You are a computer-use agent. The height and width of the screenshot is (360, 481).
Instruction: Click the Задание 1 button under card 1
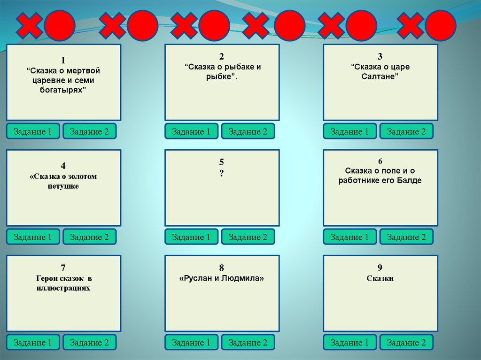[33, 131]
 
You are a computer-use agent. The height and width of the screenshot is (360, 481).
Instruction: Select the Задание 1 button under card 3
[349, 131]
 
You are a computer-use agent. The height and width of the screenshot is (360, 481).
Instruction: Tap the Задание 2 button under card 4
[89, 237]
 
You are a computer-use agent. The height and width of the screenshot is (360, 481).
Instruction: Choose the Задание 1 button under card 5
[191, 237]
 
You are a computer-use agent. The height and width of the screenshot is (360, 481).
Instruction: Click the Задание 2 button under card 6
[406, 237]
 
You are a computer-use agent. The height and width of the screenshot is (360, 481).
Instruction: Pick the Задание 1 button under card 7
[33, 343]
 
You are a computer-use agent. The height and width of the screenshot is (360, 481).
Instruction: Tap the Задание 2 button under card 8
[248, 343]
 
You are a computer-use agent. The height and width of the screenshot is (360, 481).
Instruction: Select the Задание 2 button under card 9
[406, 343]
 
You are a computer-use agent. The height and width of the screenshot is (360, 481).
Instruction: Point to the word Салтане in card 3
[380, 77]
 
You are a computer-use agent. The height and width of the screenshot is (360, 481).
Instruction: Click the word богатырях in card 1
[63, 90]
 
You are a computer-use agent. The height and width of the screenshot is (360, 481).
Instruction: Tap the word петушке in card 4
[63, 186]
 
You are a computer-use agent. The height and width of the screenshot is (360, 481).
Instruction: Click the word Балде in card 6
[411, 180]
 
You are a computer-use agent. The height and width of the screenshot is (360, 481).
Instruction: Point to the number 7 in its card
[63, 268]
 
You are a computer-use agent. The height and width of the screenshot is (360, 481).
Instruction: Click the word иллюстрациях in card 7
[63, 288]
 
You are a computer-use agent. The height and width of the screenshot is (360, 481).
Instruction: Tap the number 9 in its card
[380, 268]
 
